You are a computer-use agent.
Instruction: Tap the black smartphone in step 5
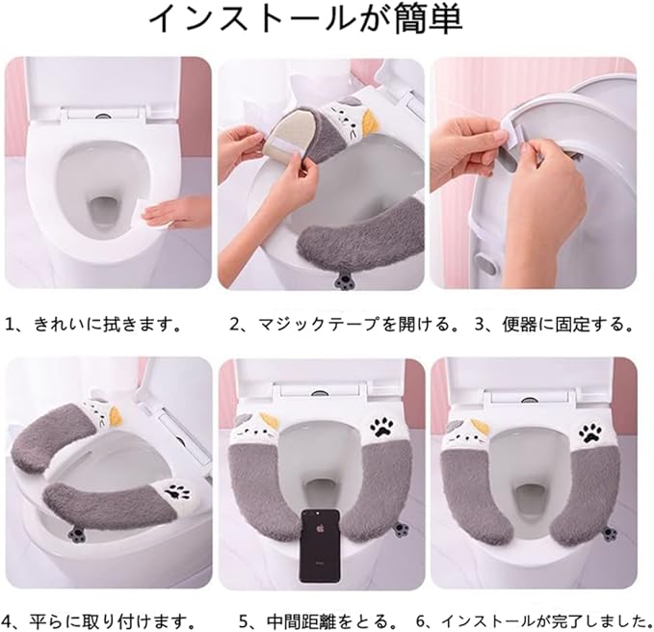(x=320, y=545)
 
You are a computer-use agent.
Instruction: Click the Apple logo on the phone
(x=320, y=529)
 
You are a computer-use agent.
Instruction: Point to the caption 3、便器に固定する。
(x=555, y=324)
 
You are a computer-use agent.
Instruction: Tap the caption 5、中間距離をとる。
(x=319, y=621)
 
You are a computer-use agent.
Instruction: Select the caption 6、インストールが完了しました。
(x=535, y=621)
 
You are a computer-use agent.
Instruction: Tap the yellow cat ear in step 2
(x=369, y=121)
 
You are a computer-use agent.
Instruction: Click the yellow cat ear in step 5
(x=266, y=421)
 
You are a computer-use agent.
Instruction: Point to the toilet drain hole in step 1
(x=102, y=212)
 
